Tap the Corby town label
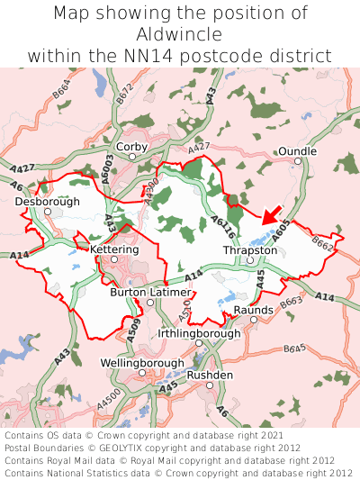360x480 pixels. coord(131,146)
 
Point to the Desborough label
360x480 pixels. coord(48,202)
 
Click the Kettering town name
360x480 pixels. coord(114,249)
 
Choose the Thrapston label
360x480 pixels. coord(250,249)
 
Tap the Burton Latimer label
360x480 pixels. coord(150,293)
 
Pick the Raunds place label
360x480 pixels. coord(253,311)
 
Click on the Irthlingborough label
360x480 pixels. coord(199,333)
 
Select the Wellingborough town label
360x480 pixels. coord(140,362)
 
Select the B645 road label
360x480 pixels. coord(295,347)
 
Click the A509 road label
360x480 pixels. coord(134,330)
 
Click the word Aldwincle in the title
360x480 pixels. coord(180,34)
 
